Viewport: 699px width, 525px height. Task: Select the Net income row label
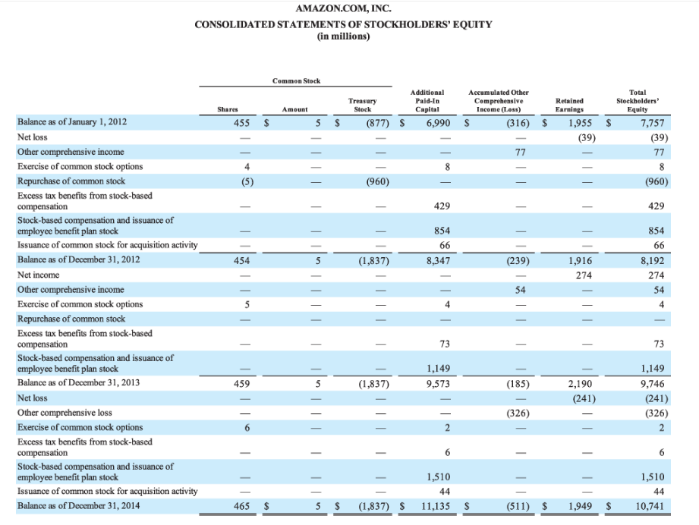coord(38,275)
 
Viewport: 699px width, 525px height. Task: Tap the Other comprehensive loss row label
coord(65,413)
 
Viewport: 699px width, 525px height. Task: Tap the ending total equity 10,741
coord(650,506)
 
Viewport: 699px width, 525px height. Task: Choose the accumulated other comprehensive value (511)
coord(518,506)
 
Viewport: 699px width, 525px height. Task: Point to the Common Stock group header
coord(291,80)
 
